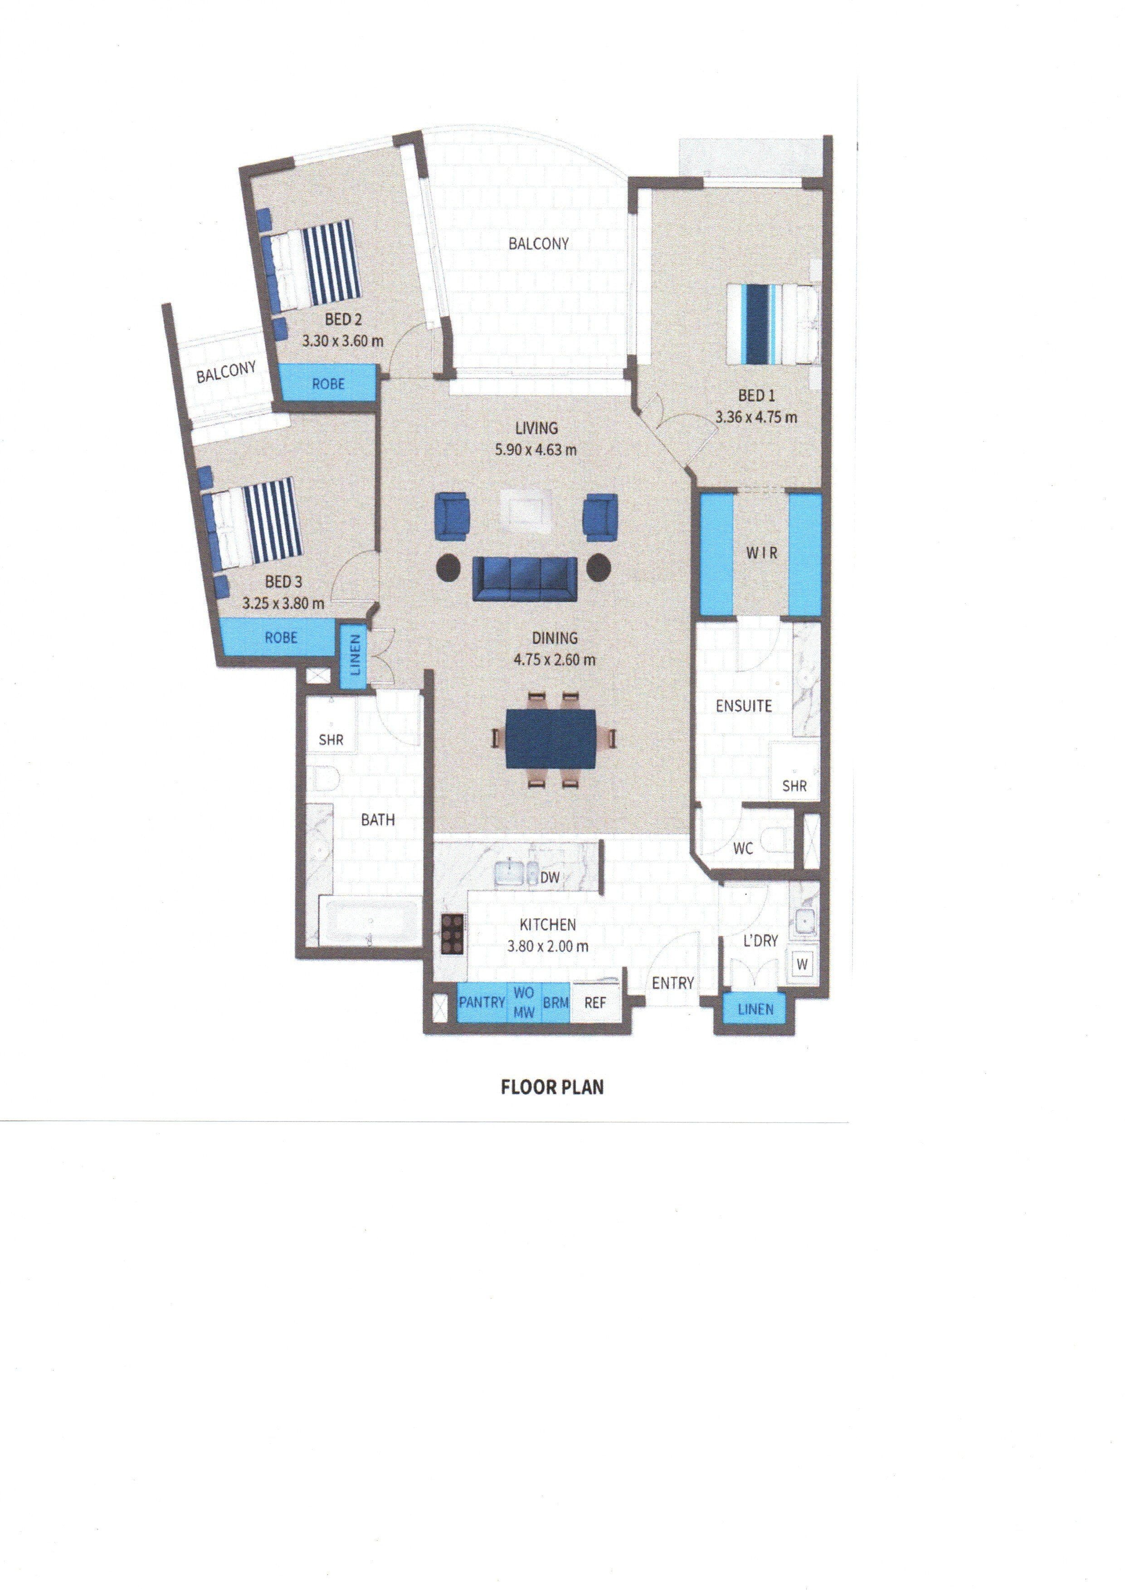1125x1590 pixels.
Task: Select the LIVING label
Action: point(536,429)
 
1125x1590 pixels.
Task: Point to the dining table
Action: point(551,738)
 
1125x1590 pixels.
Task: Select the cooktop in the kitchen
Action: point(453,935)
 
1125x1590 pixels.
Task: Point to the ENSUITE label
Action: point(743,706)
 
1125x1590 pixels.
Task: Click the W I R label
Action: point(761,554)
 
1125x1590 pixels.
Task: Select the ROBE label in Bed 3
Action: point(281,637)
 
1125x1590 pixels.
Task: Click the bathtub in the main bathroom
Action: point(369,920)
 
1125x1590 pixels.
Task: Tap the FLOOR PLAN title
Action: point(553,1087)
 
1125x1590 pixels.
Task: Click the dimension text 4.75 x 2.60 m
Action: point(554,659)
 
